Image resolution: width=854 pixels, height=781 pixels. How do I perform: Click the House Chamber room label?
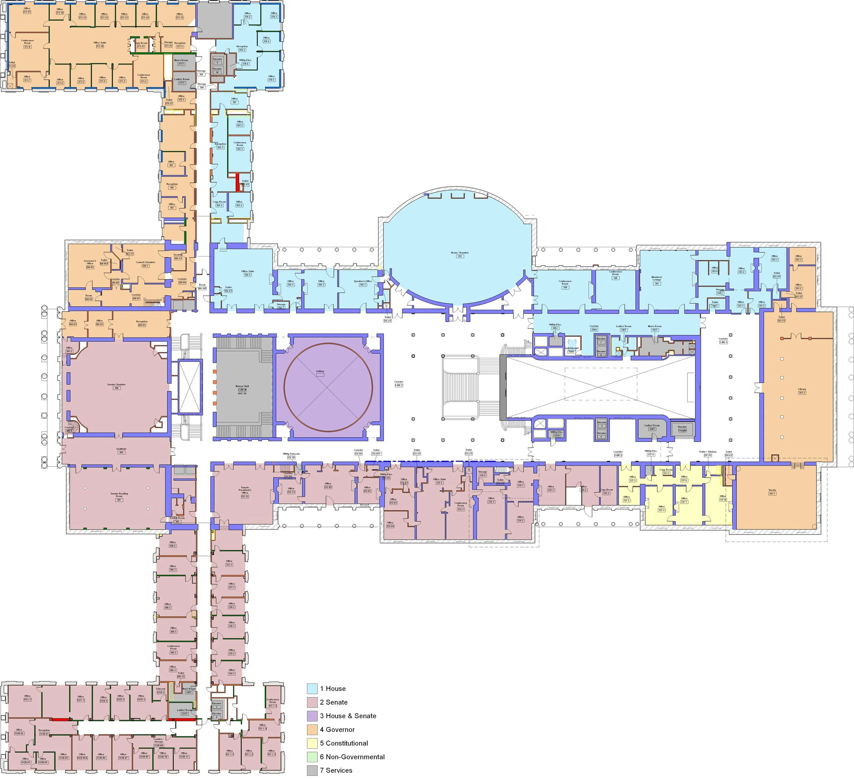click(x=459, y=254)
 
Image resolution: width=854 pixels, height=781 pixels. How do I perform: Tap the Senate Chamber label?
click(x=116, y=386)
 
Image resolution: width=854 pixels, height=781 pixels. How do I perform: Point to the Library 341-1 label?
click(x=802, y=391)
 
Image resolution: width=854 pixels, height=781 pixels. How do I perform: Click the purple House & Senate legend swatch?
click(x=312, y=716)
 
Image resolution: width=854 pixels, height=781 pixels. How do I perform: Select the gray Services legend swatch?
click(x=312, y=770)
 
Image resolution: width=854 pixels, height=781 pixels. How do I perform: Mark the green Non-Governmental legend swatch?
click(x=312, y=757)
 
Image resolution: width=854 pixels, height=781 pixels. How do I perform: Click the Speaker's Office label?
click(x=363, y=283)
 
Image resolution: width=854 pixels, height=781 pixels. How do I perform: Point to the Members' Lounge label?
click(x=657, y=280)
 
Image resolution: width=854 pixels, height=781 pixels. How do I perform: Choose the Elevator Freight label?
click(x=682, y=429)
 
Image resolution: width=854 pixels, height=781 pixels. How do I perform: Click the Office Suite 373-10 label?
click(x=100, y=44)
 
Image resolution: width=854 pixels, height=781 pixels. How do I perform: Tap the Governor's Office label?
click(x=90, y=264)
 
